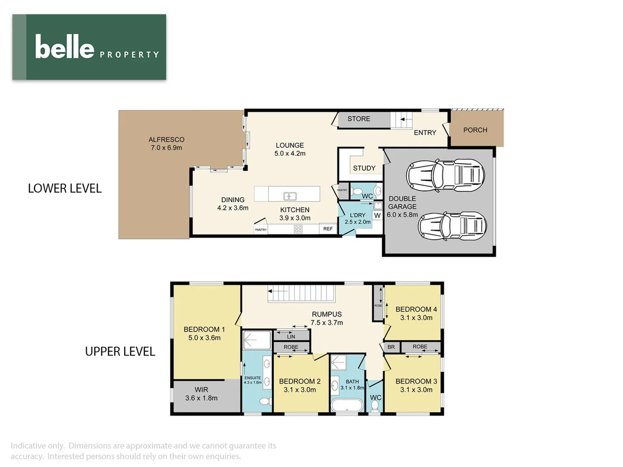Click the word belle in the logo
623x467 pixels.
point(64,47)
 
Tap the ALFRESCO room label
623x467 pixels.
point(166,140)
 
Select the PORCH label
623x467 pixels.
point(475,130)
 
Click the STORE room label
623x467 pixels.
point(359,119)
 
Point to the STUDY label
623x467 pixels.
point(364,168)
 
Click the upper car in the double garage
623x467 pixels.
point(445,175)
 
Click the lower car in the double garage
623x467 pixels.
point(452,226)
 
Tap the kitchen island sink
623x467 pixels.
point(289,196)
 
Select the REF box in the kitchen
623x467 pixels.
point(328,229)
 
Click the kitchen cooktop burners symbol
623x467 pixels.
point(298,229)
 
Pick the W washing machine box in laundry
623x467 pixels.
point(377,215)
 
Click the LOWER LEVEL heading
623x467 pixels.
point(65,189)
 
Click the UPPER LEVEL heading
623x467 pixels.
point(120,352)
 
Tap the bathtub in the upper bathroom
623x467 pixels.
point(347,406)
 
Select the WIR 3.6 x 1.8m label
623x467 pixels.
point(201,394)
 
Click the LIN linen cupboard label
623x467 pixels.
point(291,336)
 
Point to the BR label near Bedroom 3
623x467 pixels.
point(391,347)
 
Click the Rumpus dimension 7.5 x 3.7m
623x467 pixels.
point(327,323)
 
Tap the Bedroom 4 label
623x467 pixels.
point(416,310)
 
